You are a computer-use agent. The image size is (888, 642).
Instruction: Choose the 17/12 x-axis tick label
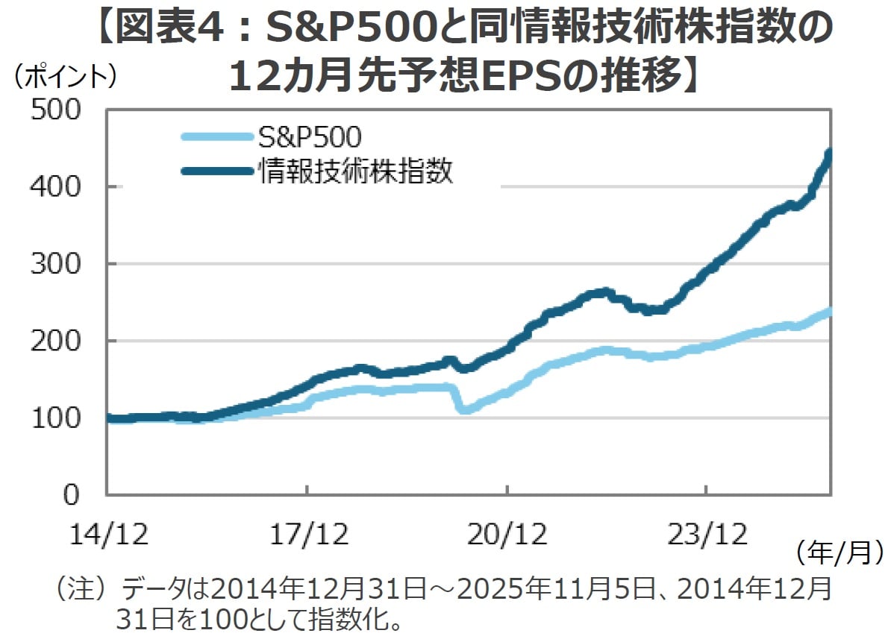tap(307, 535)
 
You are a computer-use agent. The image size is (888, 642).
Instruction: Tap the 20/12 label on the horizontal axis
tap(507, 535)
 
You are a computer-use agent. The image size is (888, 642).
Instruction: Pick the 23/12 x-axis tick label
tap(706, 535)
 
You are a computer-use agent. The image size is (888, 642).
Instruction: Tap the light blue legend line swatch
tap(216, 136)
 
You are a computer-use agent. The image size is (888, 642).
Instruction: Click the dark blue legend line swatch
tap(216, 171)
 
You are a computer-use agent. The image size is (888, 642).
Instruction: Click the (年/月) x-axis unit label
tap(838, 553)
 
